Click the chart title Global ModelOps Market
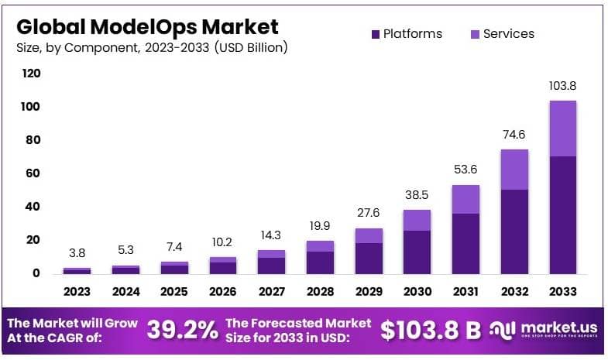[x=146, y=27]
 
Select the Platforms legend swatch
[x=376, y=34]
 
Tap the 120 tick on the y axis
[x=32, y=74]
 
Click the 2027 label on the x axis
[x=271, y=292]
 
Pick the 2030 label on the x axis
[x=417, y=292]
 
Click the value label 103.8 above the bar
[x=562, y=86]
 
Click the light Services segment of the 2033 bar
[x=562, y=129]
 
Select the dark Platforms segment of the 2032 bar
[x=514, y=231]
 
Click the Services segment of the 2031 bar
[x=465, y=199]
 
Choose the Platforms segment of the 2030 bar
[x=417, y=252]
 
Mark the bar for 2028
[x=320, y=257]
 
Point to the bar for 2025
[x=174, y=268]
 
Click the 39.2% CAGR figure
[x=182, y=330]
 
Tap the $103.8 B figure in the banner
[x=431, y=330]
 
